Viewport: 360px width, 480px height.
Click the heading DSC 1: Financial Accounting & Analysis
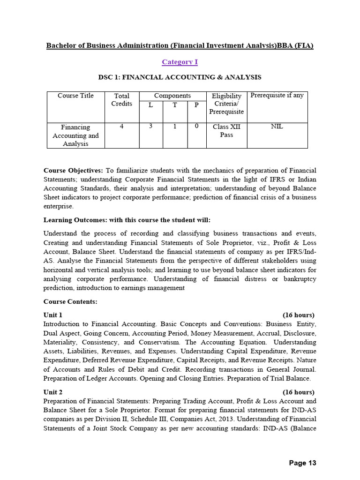point(180,77)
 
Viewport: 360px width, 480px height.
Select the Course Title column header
point(75,96)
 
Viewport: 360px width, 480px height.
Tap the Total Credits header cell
point(121,99)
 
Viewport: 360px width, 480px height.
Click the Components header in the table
point(172,96)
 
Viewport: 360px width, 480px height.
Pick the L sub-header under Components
point(150,105)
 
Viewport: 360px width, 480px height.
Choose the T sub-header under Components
point(174,105)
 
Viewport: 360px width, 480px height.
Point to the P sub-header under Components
point(196,105)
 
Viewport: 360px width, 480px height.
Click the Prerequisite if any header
point(277,96)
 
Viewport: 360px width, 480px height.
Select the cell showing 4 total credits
point(121,127)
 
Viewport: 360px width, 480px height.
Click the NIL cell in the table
point(277,127)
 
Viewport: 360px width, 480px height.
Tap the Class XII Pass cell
point(226,131)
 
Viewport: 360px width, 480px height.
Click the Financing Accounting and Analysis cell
point(75,135)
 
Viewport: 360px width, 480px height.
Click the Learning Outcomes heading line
point(127,220)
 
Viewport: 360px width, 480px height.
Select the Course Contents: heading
point(70,302)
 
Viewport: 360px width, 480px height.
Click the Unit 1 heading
point(53,315)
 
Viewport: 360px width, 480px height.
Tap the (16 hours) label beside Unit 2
point(298,392)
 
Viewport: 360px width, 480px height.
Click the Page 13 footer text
point(302,463)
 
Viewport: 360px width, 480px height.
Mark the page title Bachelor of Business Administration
point(180,45)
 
